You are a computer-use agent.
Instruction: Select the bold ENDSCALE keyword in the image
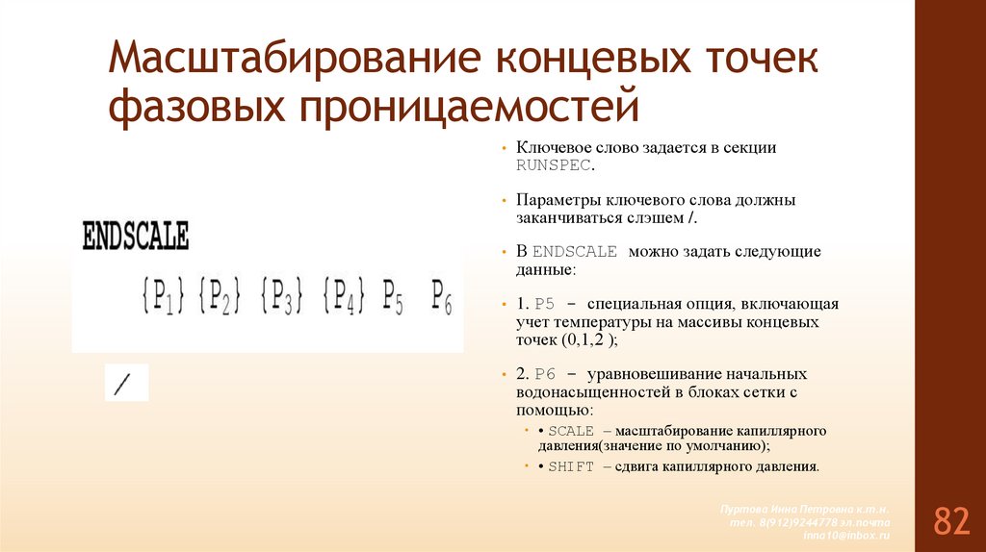[137, 237]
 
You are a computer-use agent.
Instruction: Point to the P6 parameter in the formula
[441, 295]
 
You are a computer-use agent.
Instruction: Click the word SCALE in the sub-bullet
[571, 431]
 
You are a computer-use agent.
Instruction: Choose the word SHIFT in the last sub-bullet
[571, 466]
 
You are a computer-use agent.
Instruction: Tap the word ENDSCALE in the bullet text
[574, 252]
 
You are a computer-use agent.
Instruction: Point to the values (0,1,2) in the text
[584, 340]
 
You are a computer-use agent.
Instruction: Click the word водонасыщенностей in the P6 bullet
[582, 393]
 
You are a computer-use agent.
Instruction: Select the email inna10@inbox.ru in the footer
[847, 534]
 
